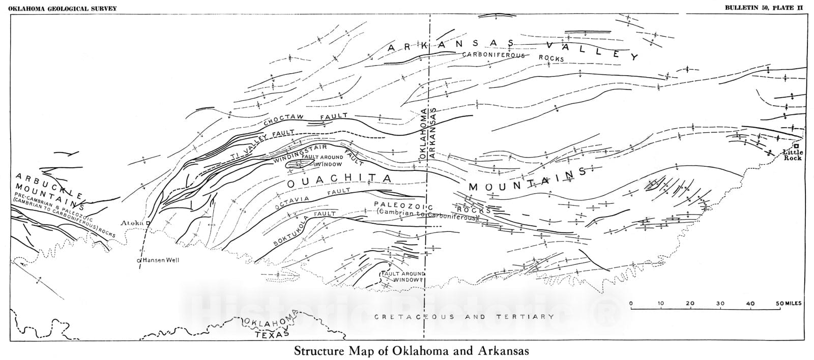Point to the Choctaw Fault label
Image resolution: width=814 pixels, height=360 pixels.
pos(305,118)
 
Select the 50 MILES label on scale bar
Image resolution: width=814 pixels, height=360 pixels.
pos(789,304)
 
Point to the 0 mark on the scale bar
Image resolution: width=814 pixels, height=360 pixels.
pos(631,304)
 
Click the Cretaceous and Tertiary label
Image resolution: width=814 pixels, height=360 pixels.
pos(464,317)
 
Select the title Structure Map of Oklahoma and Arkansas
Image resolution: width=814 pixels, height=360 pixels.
pos(411,351)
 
